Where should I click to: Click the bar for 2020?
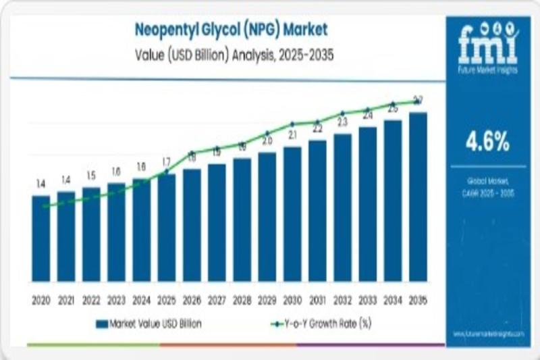[x=40, y=238]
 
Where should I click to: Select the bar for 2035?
[x=418, y=197]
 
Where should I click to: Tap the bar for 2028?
[x=242, y=220]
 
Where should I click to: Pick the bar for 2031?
[x=317, y=211]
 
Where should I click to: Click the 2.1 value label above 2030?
[x=292, y=135]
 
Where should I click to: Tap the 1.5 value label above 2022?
[x=90, y=176]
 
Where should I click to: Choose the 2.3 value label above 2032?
[x=342, y=122]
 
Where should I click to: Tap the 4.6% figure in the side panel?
[x=487, y=142]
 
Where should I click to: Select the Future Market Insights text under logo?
[x=488, y=69]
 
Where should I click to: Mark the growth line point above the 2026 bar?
[x=192, y=153]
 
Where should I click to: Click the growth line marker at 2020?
[x=45, y=206]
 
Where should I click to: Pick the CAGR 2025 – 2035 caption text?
[x=487, y=192]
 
